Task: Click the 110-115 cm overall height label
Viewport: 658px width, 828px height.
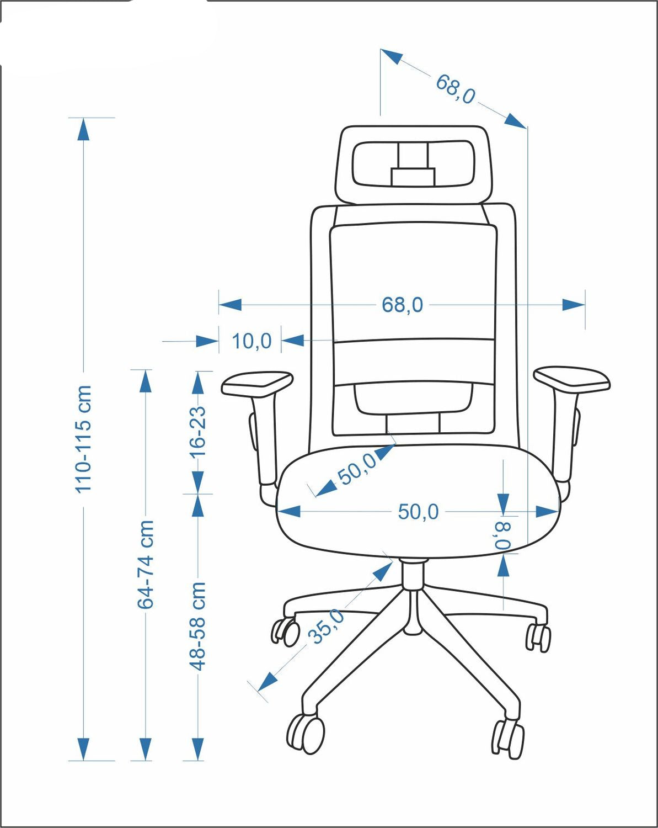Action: coord(83,439)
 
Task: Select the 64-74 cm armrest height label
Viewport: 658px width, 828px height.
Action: coord(146,564)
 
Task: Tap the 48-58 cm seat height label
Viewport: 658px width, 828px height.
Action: coord(197,626)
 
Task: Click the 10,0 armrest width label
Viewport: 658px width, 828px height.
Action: coord(251,341)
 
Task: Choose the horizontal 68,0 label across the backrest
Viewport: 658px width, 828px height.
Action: coord(402,305)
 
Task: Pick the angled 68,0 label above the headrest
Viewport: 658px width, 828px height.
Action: coord(455,89)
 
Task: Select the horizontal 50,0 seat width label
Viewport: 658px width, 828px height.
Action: coord(418,512)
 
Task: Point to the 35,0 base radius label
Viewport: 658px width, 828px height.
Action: coord(327,626)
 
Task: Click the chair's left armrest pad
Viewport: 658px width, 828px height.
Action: coord(257,383)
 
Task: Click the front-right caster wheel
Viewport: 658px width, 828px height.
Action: coord(508,739)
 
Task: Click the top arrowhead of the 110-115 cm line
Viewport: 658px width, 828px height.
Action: coord(83,129)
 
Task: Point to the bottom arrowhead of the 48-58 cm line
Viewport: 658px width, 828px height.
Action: coord(197,749)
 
